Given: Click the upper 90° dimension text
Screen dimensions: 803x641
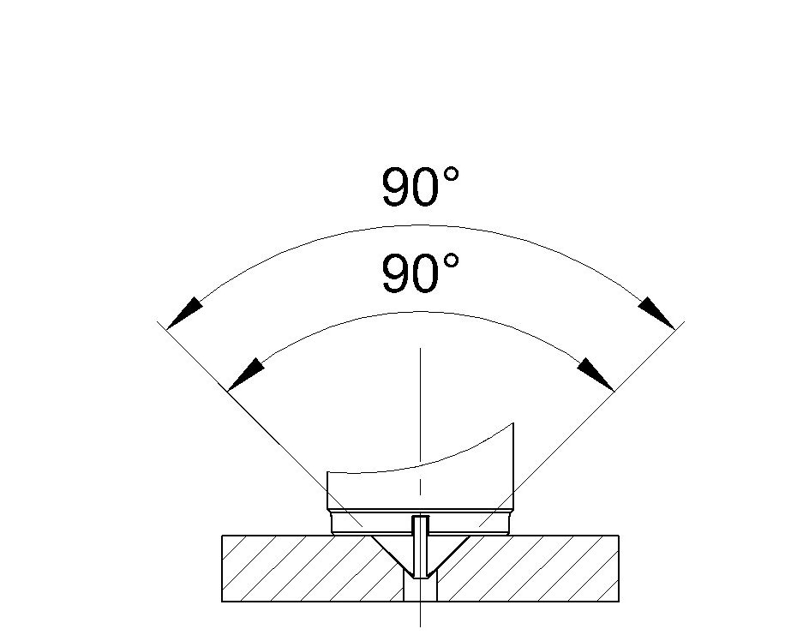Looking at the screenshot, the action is tap(421, 186).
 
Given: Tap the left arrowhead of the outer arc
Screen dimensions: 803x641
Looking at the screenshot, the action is tap(184, 313).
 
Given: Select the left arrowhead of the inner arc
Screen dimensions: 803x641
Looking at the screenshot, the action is tap(245, 374).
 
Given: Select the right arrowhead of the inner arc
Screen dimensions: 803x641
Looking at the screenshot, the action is tap(596, 374).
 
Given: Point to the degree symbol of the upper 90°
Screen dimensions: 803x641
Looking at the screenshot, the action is tap(451, 176).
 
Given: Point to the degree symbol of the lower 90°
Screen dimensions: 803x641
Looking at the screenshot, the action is tap(451, 262).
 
